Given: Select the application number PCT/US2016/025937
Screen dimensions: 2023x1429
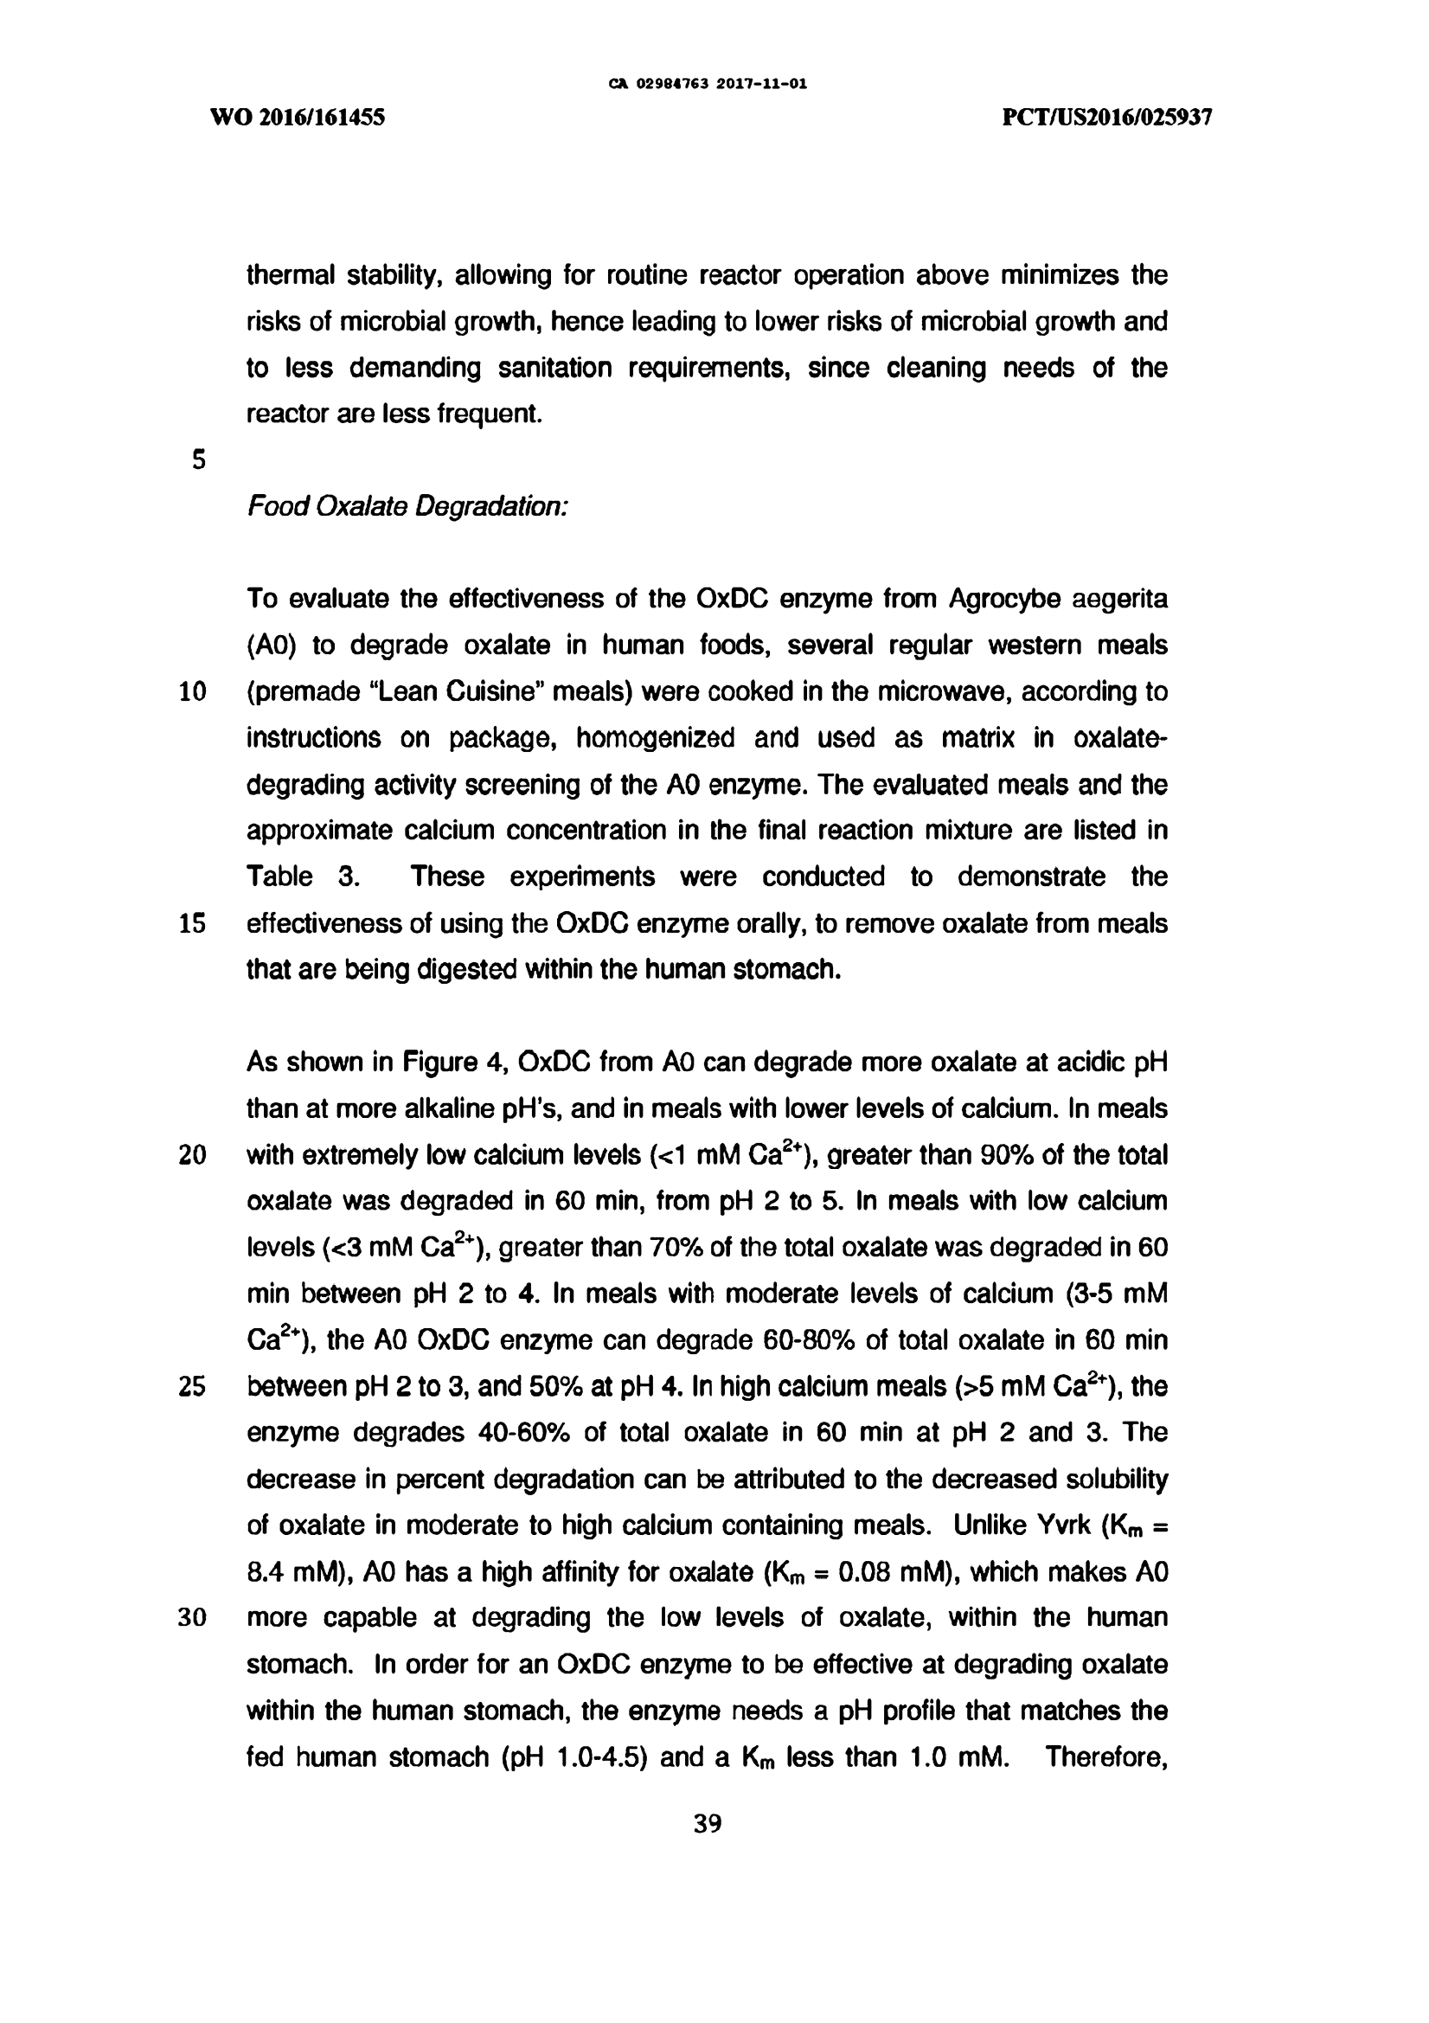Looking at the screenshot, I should click(1107, 117).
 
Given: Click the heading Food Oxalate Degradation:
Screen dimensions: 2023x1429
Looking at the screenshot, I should click(407, 507).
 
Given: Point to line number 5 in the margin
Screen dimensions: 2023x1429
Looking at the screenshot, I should click(198, 460).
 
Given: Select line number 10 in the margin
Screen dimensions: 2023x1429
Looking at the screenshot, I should click(193, 692).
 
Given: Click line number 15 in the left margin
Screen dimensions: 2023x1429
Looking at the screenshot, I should click(193, 924).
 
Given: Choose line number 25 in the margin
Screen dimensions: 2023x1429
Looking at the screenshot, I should click(193, 1388).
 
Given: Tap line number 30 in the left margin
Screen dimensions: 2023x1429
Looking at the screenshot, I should click(193, 1619).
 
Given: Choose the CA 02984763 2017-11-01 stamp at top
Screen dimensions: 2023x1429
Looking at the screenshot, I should click(708, 86).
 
